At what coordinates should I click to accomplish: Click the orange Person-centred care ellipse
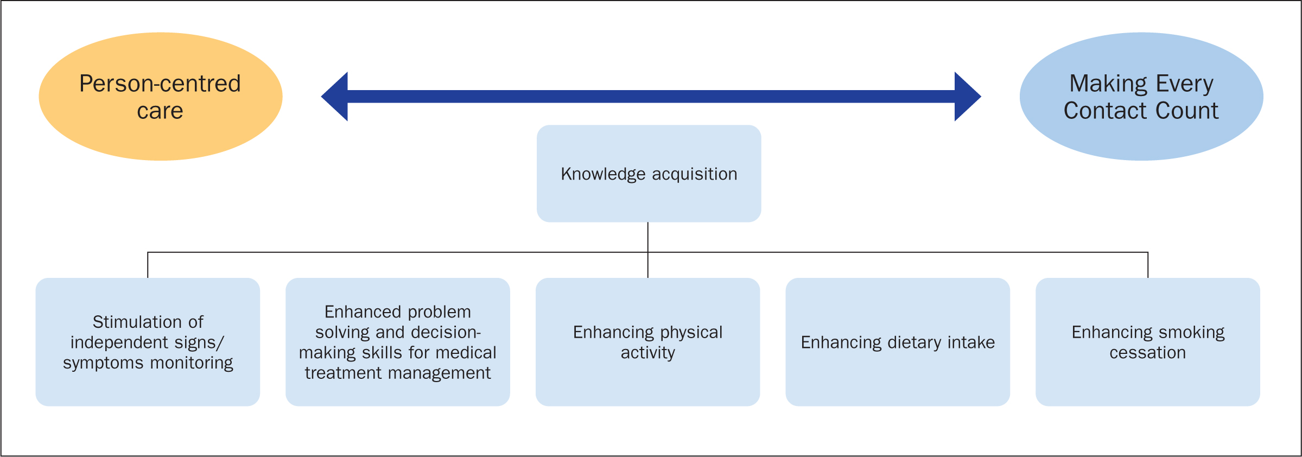click(161, 97)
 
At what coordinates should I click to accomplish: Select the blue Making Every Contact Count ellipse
click(1141, 97)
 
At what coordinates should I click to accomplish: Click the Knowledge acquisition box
click(649, 174)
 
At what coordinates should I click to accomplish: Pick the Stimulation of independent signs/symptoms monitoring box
click(148, 342)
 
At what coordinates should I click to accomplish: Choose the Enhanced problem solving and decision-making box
click(398, 342)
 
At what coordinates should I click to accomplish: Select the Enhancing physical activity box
click(647, 342)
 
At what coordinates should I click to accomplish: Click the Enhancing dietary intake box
click(898, 342)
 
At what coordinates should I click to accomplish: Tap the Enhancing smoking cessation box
click(1148, 342)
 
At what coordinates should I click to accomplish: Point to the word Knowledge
click(603, 175)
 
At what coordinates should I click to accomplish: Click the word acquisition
click(695, 175)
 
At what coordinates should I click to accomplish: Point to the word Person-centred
click(160, 84)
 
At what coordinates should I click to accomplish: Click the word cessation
click(1148, 353)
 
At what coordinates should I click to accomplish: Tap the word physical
click(691, 333)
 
